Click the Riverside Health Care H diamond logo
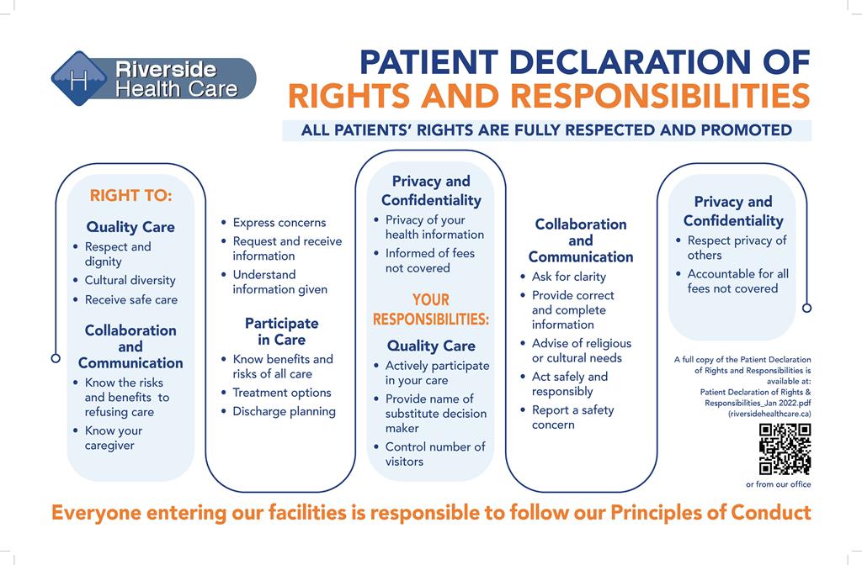point(79,78)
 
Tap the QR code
point(785,449)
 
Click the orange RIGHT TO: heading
point(130,195)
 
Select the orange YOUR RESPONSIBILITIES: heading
point(431,309)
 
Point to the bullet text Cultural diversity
point(130,280)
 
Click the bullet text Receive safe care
point(130,300)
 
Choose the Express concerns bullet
point(279,222)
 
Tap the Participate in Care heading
point(281,331)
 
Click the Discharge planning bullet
point(284,411)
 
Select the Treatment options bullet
point(281,393)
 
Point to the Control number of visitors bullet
point(435,454)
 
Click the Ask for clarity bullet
point(568,277)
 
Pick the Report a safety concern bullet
point(572,417)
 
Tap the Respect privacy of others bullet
point(737,248)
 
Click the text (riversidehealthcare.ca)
point(769,414)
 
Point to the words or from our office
point(778,484)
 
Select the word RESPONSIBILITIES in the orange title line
point(660,96)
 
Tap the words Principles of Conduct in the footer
point(710,513)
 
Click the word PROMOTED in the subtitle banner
point(746,130)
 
